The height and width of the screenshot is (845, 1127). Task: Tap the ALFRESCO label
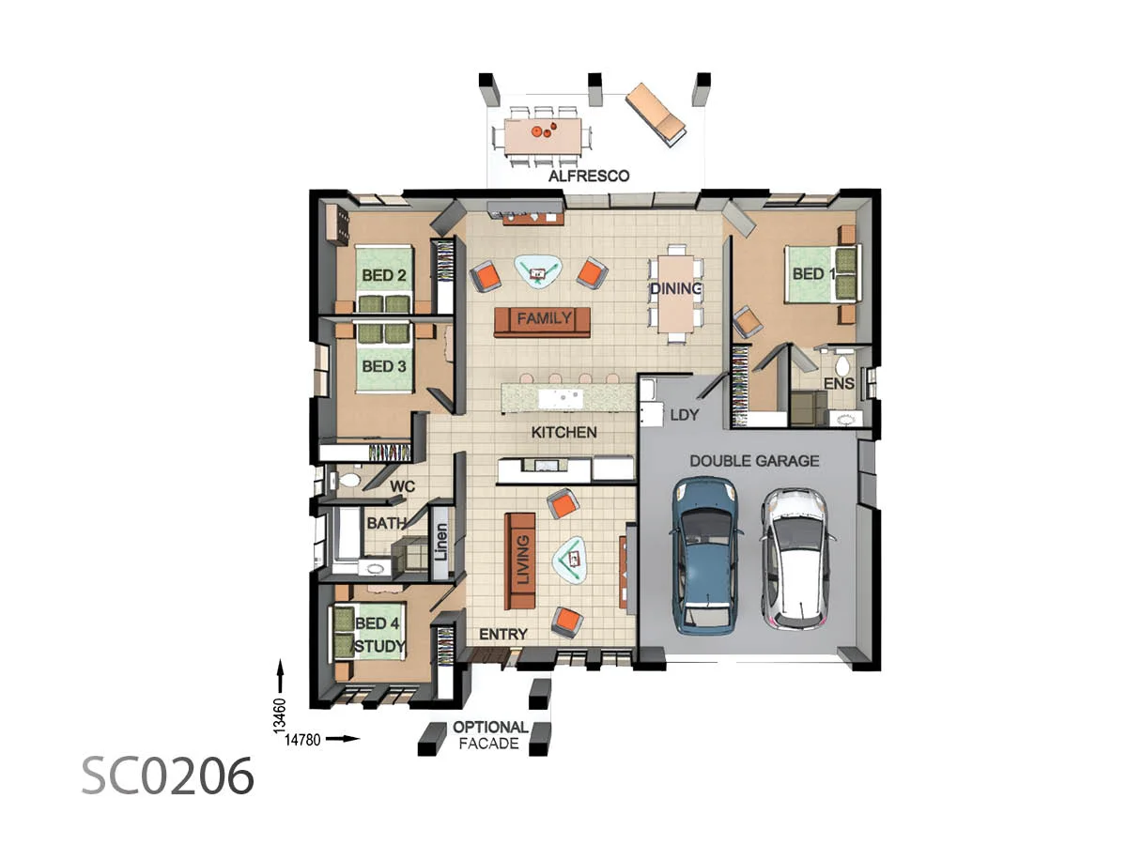coord(589,176)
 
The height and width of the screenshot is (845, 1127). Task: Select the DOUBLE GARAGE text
coord(754,461)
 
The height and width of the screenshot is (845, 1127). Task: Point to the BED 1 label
coord(813,274)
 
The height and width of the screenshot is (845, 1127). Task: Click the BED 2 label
coord(383,276)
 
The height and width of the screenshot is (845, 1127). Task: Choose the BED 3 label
coord(383,366)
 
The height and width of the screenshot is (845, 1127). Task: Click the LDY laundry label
coord(684,415)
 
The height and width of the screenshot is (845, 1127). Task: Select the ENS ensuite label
coord(838,384)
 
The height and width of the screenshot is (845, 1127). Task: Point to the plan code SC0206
coord(167,776)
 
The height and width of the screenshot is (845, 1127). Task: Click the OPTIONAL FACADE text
coord(490,735)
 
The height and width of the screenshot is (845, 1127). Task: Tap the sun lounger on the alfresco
coord(656,114)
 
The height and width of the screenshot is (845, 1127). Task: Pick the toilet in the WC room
coord(349,481)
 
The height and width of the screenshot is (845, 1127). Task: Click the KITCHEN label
coord(563,433)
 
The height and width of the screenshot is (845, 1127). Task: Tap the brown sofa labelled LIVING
coord(520,561)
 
